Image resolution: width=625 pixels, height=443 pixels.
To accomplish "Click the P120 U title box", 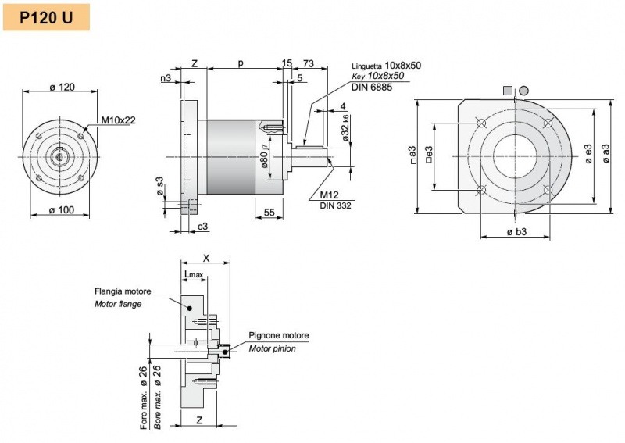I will [x=46, y=17].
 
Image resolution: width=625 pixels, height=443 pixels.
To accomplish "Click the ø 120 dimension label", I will [x=62, y=87].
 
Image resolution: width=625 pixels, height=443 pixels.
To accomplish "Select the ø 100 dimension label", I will [x=62, y=209].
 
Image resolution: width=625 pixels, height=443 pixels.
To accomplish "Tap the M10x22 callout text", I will [x=118, y=120].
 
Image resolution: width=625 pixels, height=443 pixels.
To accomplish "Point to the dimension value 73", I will [x=309, y=63].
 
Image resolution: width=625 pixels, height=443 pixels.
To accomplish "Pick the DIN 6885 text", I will [x=372, y=87].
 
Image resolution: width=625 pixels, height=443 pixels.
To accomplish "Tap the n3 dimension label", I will [x=166, y=78].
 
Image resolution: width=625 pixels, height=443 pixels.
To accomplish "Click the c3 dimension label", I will [x=202, y=226].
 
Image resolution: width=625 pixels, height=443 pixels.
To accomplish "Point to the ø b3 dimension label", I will [x=516, y=232].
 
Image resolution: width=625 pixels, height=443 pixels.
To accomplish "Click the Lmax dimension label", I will [x=193, y=274].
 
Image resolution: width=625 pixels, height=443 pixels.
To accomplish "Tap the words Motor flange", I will [x=119, y=304].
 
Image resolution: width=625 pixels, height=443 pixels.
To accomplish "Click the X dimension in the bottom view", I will [x=205, y=257].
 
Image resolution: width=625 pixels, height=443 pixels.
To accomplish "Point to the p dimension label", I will [x=240, y=63].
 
